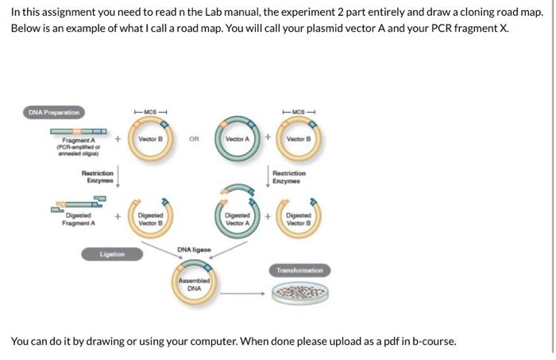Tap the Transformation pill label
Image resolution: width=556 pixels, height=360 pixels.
(x=299, y=270)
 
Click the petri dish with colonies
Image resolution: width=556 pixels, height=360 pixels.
(x=299, y=296)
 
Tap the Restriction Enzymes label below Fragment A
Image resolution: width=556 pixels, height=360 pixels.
(x=98, y=176)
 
